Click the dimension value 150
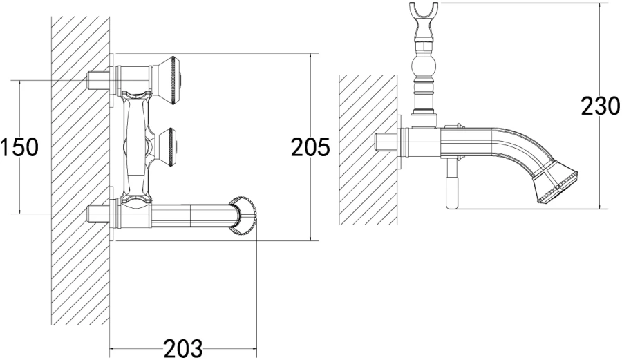click(x=19, y=147)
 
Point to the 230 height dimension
click(x=599, y=107)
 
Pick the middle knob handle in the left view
click(x=168, y=145)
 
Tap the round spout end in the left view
click(x=245, y=216)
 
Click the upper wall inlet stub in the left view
click(x=99, y=80)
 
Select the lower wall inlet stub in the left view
click(x=99, y=214)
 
